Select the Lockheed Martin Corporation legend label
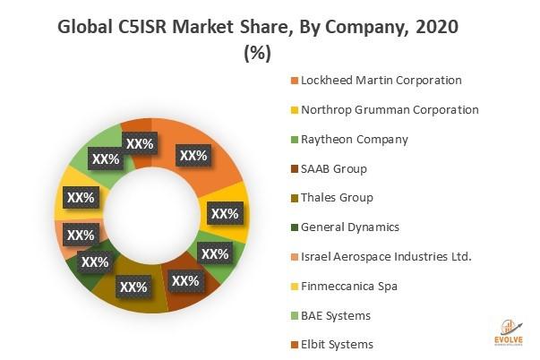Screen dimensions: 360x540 (381, 81)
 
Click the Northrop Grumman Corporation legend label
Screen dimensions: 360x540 (390, 110)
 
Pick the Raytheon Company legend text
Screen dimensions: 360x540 (355, 140)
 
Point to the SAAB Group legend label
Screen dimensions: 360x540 (334, 168)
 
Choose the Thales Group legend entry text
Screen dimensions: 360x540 (337, 198)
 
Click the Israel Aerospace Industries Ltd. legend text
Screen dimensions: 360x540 (386, 257)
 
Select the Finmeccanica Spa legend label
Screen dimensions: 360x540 (348, 287)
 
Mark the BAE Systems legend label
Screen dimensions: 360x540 (336, 316)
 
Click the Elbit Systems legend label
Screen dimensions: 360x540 (337, 345)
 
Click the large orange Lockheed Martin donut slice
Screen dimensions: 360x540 (207, 148)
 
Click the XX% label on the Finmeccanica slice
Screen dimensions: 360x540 (81, 197)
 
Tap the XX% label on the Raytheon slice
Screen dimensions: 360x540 (215, 254)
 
